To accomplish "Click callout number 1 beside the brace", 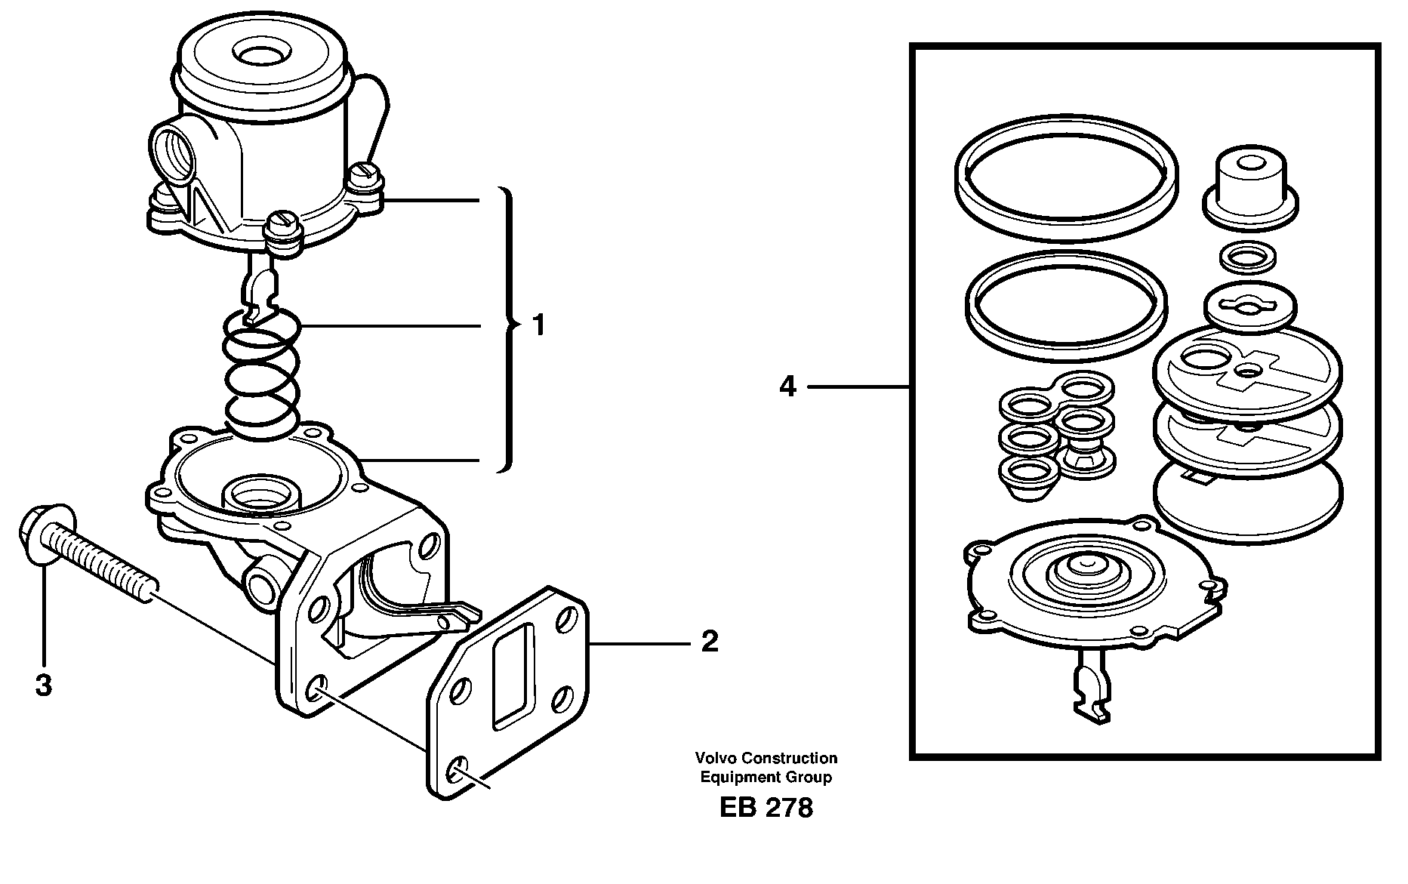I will pyautogui.click(x=538, y=326).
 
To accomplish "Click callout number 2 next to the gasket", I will pyautogui.click(x=709, y=642).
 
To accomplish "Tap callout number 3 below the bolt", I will pyautogui.click(x=44, y=685).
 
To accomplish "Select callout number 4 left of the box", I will pyautogui.click(x=787, y=387).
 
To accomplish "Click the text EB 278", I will pyautogui.click(x=766, y=808).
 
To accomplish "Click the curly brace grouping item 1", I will pyautogui.click(x=509, y=326).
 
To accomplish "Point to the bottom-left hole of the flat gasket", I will pyautogui.click(x=457, y=770).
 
